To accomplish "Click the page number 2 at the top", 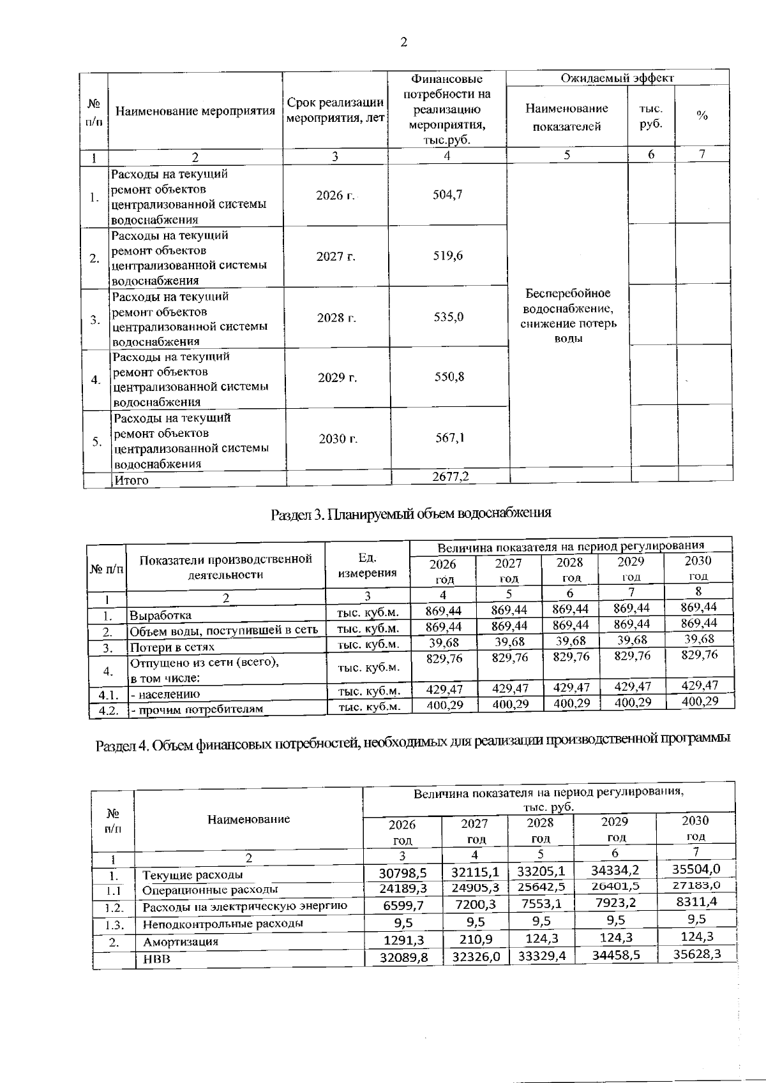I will pyautogui.click(x=403, y=43).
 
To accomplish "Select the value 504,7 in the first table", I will pyautogui.click(x=447, y=195).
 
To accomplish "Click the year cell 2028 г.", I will pyautogui.click(x=336, y=317).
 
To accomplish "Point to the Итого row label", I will pyautogui.click(x=131, y=480).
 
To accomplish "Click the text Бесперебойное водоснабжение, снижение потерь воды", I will pyautogui.click(x=568, y=316).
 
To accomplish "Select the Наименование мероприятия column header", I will pyautogui.click(x=195, y=111).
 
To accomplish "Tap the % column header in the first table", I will pyautogui.click(x=702, y=115).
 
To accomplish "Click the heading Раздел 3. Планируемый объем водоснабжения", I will pyautogui.click(x=410, y=513).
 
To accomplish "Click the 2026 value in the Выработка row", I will pyautogui.click(x=444, y=610).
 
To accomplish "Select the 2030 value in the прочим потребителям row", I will pyautogui.click(x=700, y=702).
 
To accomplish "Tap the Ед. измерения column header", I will pyautogui.click(x=367, y=565).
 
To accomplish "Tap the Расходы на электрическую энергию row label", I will pyautogui.click(x=244, y=906).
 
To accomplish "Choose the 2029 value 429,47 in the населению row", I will pyautogui.click(x=632, y=687).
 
